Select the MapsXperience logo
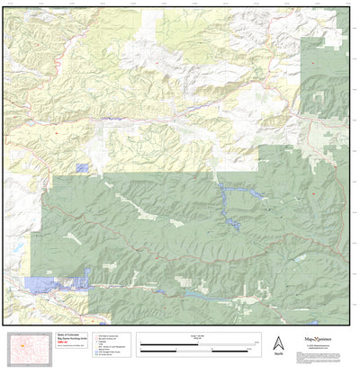click(321, 339)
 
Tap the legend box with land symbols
click(113, 347)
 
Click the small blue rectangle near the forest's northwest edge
click(83, 168)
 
